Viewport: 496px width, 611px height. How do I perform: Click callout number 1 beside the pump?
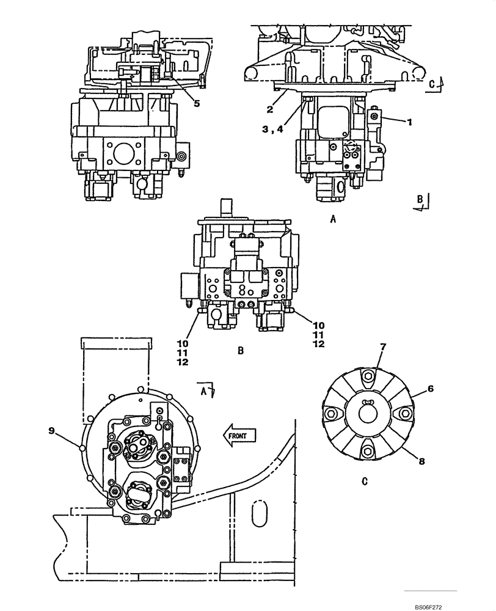tap(410, 122)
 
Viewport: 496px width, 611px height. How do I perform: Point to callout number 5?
tap(196, 103)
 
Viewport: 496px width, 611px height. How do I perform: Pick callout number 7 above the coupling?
tap(382, 348)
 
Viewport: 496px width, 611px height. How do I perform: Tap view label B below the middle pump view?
tap(240, 351)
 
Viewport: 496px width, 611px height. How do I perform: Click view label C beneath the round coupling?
tap(364, 481)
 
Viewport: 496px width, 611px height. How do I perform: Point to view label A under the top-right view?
tap(333, 218)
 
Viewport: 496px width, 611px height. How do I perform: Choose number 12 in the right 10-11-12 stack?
tap(318, 343)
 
